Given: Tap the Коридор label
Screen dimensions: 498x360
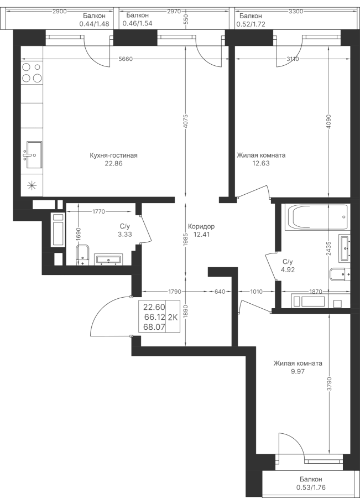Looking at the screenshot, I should (201, 227).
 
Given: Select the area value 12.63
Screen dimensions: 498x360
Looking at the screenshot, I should (260, 163).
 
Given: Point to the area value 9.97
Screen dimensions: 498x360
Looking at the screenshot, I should (298, 371).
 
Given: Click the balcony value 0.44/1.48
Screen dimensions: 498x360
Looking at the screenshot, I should (96, 24).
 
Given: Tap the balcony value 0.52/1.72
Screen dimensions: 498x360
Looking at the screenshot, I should (252, 24).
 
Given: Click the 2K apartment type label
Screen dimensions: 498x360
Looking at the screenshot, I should (173, 318).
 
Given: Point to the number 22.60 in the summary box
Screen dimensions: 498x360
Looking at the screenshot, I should (154, 308).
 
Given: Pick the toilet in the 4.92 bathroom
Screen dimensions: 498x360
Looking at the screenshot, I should (337, 274).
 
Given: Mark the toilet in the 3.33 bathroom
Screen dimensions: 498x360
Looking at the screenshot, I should (82, 256).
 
